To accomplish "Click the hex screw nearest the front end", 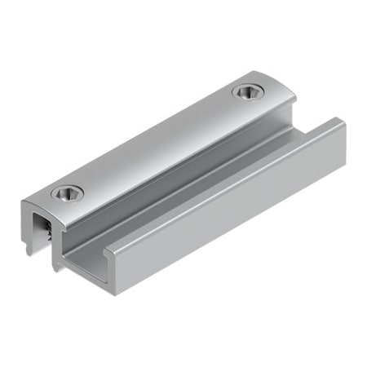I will [x=67, y=193].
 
